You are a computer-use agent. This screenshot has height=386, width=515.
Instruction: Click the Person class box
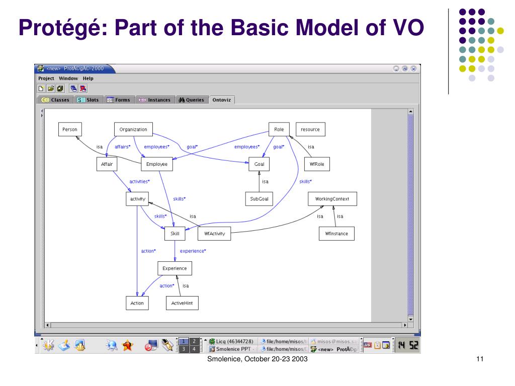[x=69, y=129]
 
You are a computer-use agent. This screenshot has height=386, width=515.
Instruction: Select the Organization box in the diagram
[x=133, y=129]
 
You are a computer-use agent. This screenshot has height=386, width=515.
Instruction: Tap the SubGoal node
[x=259, y=199]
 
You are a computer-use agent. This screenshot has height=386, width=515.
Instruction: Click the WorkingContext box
[x=332, y=199]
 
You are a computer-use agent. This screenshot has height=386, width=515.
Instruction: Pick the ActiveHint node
[x=182, y=303]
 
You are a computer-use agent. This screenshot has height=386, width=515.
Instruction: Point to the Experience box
[x=175, y=268]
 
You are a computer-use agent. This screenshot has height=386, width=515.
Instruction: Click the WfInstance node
[x=336, y=234]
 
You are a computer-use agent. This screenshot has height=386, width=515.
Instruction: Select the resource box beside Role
[x=310, y=129]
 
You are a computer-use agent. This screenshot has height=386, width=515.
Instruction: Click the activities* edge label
[x=140, y=181]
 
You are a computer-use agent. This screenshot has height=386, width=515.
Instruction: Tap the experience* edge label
[x=193, y=250]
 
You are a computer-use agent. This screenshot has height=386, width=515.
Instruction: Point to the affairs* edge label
[x=123, y=147]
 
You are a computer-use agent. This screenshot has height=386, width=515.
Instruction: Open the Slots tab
[x=89, y=100]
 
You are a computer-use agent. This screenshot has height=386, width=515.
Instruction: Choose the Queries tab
[x=191, y=100]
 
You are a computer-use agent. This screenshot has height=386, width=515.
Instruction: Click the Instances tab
[x=155, y=100]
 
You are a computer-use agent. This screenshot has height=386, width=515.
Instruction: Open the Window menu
[x=68, y=78]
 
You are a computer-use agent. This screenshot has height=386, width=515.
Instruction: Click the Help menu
[x=88, y=78]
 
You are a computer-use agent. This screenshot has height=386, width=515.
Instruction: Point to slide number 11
[x=479, y=359]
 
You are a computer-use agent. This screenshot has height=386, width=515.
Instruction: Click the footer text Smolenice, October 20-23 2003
[x=258, y=359]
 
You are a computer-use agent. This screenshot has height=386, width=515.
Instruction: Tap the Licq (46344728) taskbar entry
[x=231, y=341]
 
